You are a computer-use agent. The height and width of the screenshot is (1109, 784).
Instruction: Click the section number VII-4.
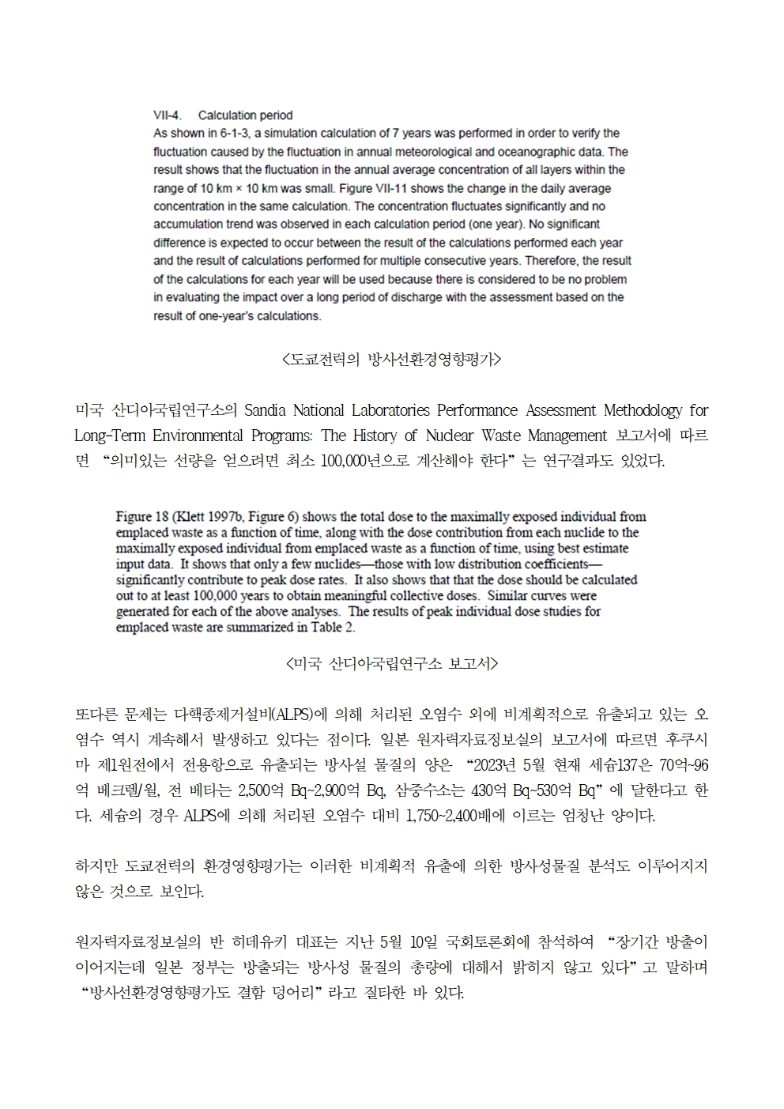pyautogui.click(x=167, y=115)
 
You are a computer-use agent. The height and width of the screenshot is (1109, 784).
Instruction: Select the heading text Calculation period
pyautogui.click(x=245, y=115)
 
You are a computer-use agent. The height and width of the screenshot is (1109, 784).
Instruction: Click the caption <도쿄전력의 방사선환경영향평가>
pyautogui.click(x=391, y=360)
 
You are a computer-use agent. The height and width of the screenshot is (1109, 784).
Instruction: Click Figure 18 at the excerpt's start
pyautogui.click(x=142, y=517)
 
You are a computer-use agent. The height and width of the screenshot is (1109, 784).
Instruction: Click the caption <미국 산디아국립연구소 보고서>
pyautogui.click(x=391, y=663)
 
